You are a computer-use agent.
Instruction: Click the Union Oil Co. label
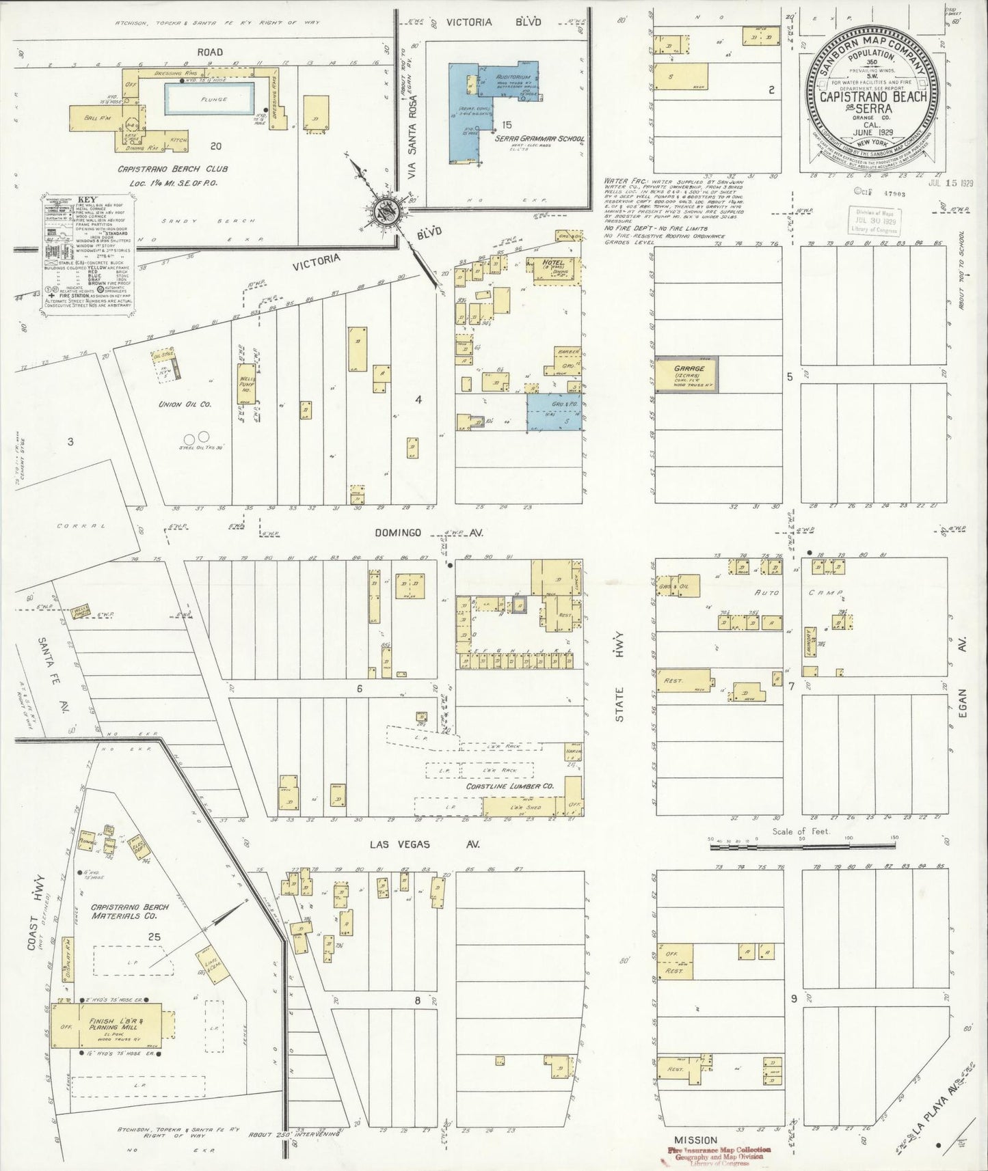pyautogui.click(x=185, y=404)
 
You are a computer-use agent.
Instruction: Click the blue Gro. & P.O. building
pyautogui.click(x=554, y=412)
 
